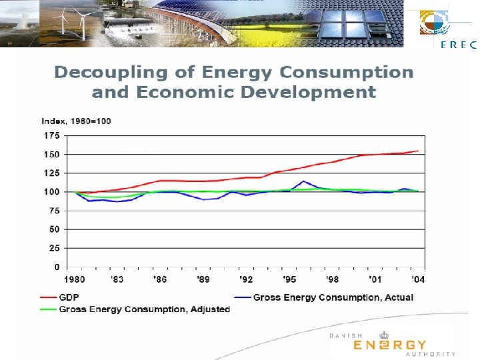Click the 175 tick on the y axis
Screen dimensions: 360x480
click(x=51, y=135)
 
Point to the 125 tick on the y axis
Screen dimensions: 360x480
click(x=51, y=173)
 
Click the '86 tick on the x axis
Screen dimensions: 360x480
click(x=159, y=278)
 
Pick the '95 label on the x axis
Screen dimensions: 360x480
click(x=289, y=278)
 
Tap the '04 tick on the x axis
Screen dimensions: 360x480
click(x=419, y=278)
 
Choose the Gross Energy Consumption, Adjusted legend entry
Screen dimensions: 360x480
click(x=144, y=309)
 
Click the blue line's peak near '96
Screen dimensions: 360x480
click(x=303, y=181)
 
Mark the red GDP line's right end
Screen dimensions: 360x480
click(x=418, y=151)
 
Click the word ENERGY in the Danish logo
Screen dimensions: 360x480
click(x=389, y=345)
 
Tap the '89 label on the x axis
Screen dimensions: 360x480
click(x=203, y=278)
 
